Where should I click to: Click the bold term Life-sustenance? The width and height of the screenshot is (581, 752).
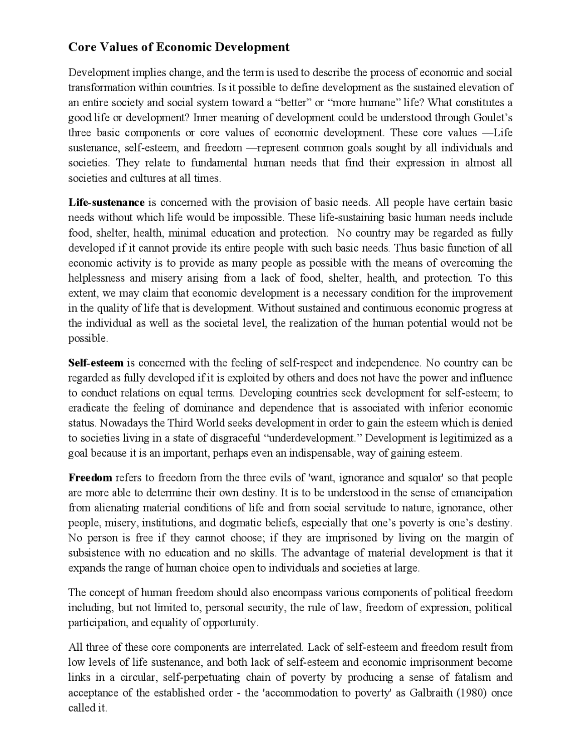[x=106, y=203]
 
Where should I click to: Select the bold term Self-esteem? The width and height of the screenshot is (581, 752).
[x=96, y=363]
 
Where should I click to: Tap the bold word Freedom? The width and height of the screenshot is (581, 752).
[x=90, y=478]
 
